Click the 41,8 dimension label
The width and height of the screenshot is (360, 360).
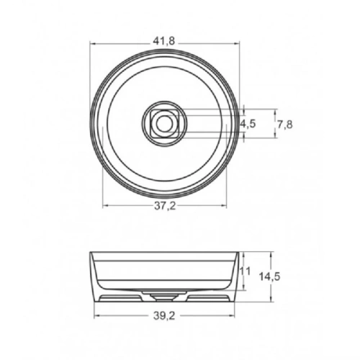pos(164,42)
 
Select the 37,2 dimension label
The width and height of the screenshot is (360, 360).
pos(165,206)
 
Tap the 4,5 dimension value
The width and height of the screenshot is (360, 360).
pos(248,124)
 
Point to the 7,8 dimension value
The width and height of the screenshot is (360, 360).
pos(285,125)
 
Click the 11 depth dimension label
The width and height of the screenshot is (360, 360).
pos(246,271)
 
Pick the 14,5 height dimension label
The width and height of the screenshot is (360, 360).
pos(269,276)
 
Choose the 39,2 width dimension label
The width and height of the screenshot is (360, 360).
pos(164,317)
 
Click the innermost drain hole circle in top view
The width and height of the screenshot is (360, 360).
pos(164,124)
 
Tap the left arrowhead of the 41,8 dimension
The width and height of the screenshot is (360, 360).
pos(93,44)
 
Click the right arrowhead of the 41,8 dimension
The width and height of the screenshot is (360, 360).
pos(237,44)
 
